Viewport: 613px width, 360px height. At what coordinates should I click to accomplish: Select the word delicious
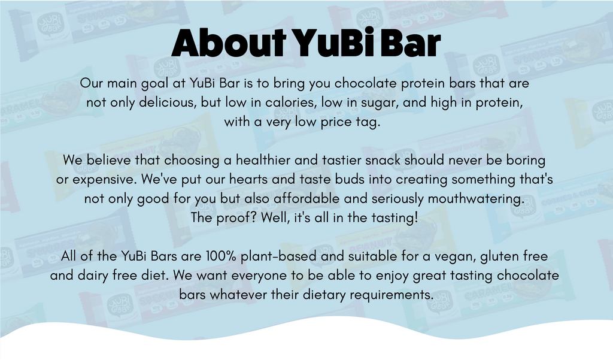(x=168, y=102)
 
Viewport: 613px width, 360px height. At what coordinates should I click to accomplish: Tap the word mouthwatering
(x=476, y=198)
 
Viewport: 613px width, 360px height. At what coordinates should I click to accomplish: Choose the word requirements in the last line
(x=392, y=295)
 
